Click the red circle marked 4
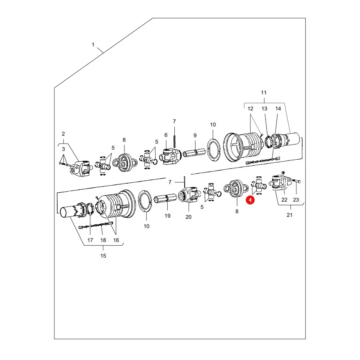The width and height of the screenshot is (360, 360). click(x=250, y=200)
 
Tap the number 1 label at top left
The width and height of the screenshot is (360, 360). click(x=93, y=44)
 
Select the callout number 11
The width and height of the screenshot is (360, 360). click(x=264, y=92)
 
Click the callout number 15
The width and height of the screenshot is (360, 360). click(x=103, y=256)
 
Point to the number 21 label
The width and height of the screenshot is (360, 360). click(x=290, y=215)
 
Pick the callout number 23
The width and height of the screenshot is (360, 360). click(x=296, y=200)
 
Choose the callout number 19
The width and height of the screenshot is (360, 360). click(x=167, y=216)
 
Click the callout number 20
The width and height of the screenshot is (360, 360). click(x=188, y=217)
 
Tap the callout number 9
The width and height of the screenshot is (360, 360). click(x=195, y=136)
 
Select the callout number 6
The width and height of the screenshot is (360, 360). click(x=166, y=135)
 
